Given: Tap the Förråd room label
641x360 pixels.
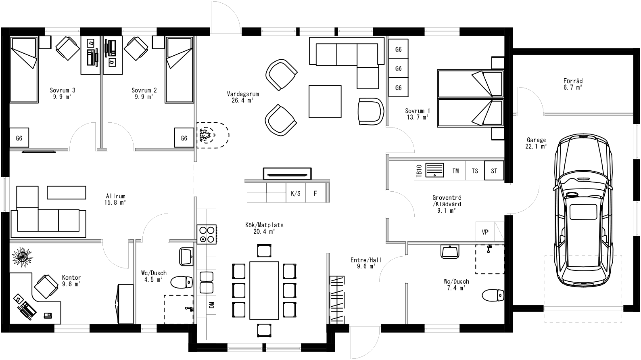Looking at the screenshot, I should click(x=573, y=81).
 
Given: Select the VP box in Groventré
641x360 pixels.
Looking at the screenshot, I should click(x=485, y=232).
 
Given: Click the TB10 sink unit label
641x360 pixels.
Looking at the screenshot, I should click(x=419, y=171).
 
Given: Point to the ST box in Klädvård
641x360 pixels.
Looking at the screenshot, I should click(x=494, y=171).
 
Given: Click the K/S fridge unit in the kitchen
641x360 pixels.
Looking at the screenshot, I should click(x=295, y=193).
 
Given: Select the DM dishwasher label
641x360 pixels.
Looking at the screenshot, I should click(x=211, y=305).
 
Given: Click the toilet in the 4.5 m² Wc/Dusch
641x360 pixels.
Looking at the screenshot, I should click(x=182, y=282).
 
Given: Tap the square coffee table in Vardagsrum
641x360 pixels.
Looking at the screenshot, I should click(x=325, y=101).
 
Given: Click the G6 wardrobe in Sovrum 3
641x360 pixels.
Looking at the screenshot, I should click(x=19, y=138).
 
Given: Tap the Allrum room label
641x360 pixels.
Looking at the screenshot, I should click(x=115, y=196).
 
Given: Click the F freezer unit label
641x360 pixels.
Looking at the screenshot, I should click(x=315, y=193).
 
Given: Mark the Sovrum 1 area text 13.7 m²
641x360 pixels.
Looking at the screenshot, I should click(x=417, y=117).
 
